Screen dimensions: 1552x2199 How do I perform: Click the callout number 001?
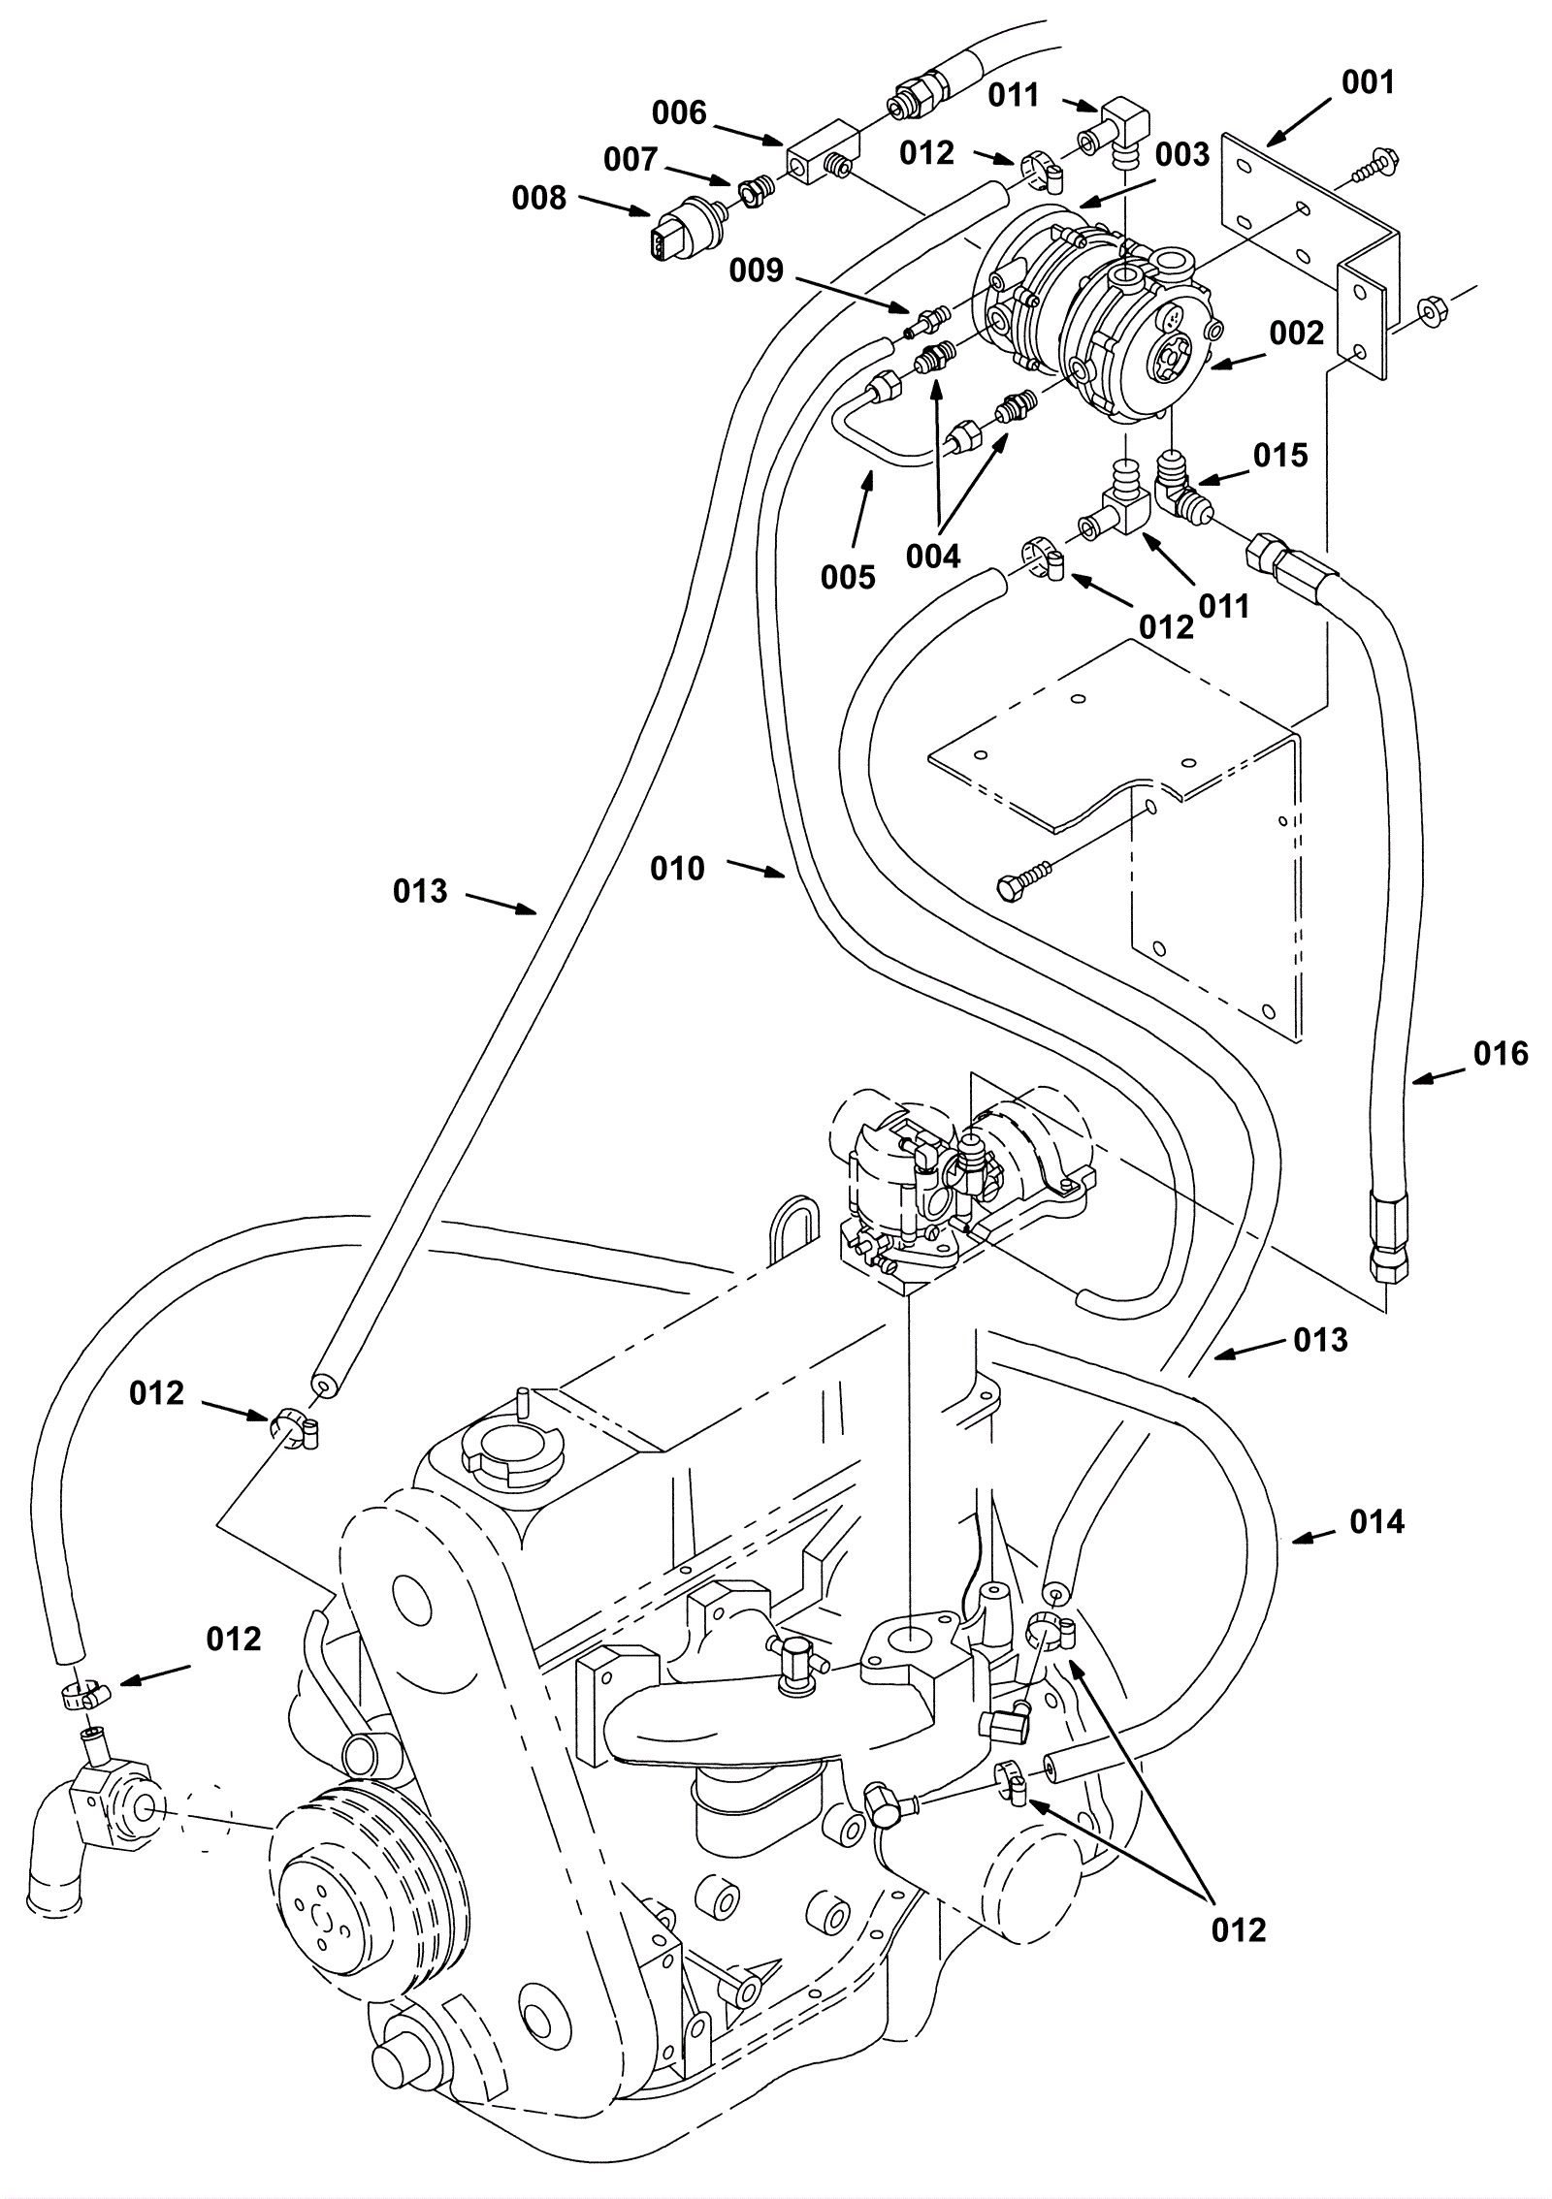(x=1368, y=82)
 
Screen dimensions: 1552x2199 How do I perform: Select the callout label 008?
(x=538, y=198)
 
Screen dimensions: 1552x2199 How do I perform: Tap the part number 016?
(x=1501, y=1053)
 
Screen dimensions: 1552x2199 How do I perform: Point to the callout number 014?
(x=1377, y=1522)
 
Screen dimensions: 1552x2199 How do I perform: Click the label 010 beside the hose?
(x=677, y=869)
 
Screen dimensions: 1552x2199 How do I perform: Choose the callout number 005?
(x=848, y=578)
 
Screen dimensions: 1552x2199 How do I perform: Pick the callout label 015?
(x=1280, y=455)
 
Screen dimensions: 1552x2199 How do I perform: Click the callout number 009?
(x=756, y=270)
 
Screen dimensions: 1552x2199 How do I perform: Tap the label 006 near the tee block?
(x=679, y=113)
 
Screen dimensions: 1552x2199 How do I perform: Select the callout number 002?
(x=1297, y=334)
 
